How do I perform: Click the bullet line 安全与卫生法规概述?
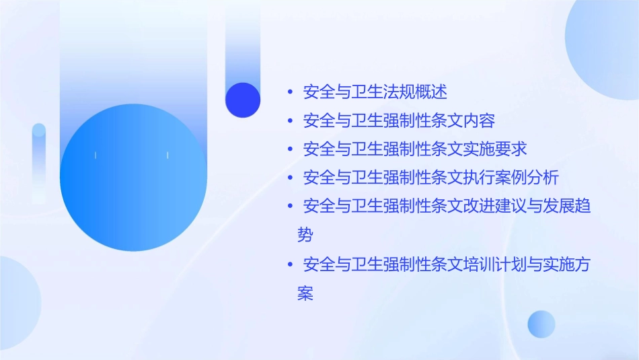375,92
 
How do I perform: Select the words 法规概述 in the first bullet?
424,92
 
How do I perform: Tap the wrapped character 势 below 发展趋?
305,235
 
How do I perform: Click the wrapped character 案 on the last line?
305,293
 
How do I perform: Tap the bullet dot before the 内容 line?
289,121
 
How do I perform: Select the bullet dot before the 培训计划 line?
289,264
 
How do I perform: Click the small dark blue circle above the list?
243,100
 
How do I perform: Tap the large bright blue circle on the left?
133,178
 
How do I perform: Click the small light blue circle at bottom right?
541,324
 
